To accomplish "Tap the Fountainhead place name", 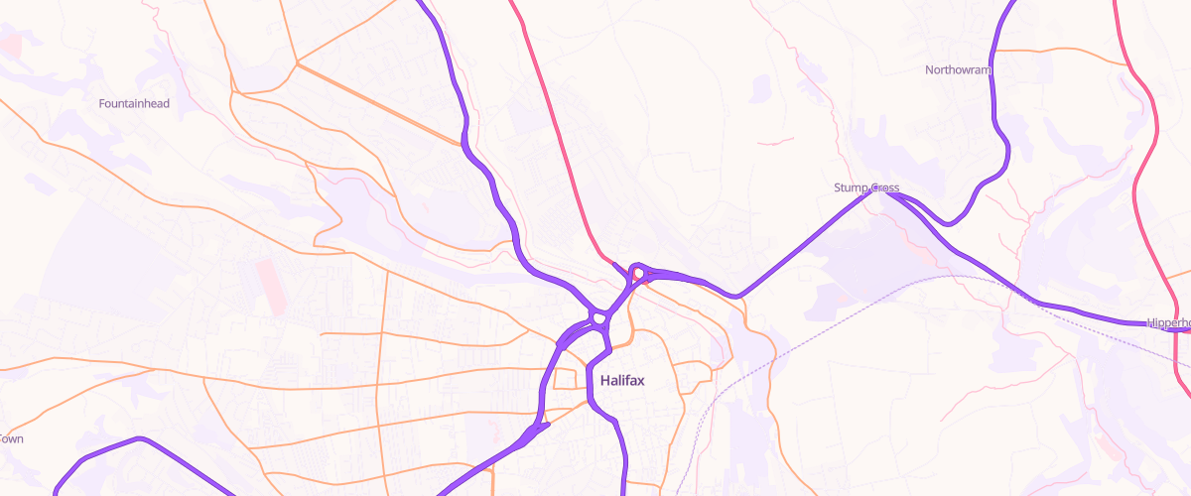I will click(134, 103).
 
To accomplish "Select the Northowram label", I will click(958, 69).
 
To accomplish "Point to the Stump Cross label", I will click(865, 187).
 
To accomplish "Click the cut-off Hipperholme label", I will click(1168, 323).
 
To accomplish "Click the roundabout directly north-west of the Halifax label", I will click(597, 318).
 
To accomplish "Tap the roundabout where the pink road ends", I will click(640, 273).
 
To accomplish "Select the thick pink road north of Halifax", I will click(561, 139).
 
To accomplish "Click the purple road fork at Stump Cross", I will click(878, 191).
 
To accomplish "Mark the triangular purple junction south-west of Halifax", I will click(538, 429).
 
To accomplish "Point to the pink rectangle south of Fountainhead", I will click(270, 288).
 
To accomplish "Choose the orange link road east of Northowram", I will click(1092, 64).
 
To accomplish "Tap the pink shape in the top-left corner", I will click(12, 45).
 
